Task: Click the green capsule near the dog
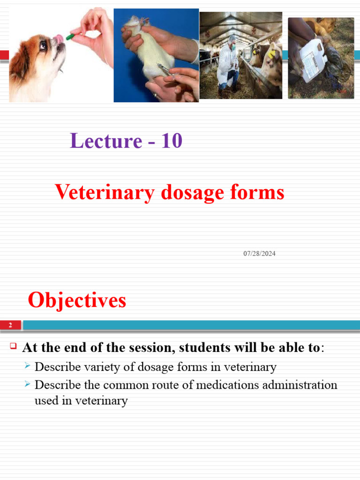pos(70,36)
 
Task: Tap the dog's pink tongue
pos(59,37)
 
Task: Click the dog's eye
pos(43,45)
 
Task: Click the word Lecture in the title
pos(105,141)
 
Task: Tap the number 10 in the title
pos(171,141)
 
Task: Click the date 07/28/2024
pos(259,254)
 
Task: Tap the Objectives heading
pos(77,300)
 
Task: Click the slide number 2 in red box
pos(10,325)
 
